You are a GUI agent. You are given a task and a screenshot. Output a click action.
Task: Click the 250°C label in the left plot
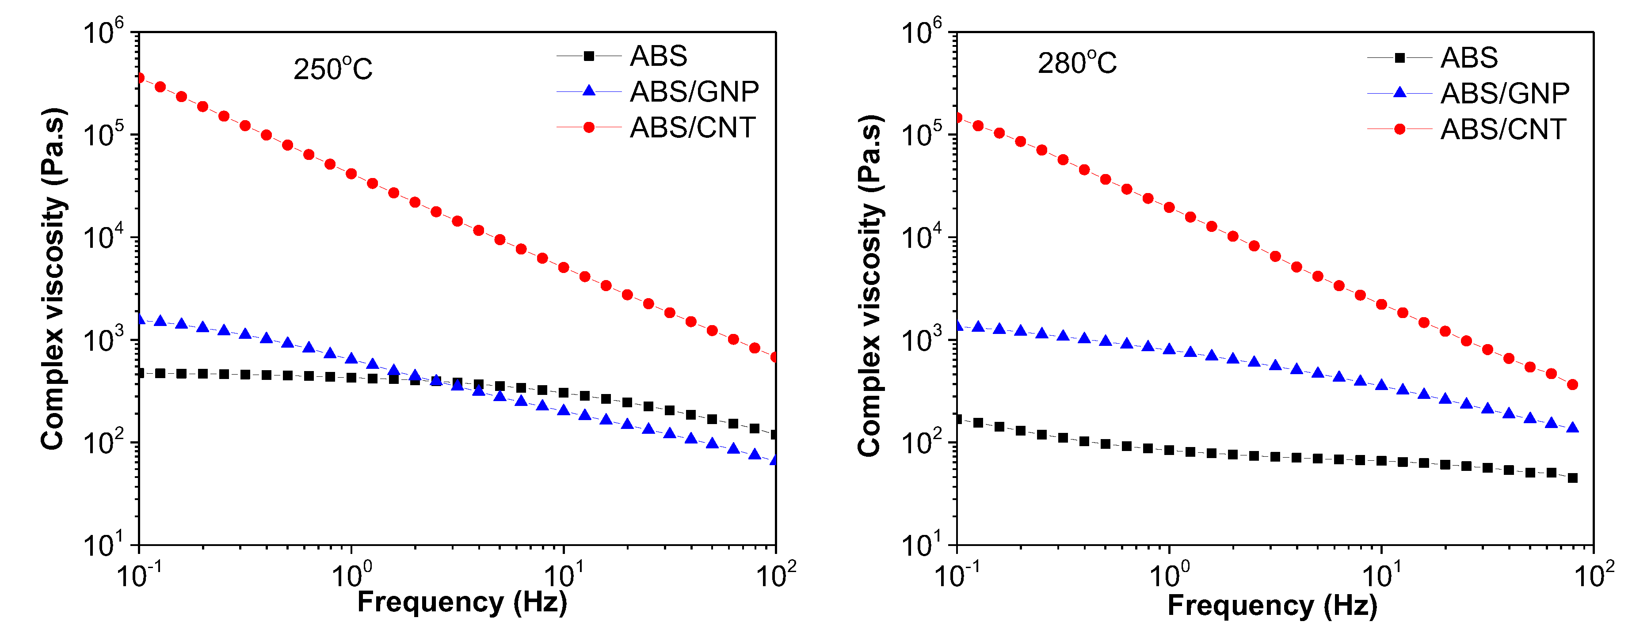[x=332, y=68]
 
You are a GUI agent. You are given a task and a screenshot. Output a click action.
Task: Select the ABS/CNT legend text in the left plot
[x=693, y=128]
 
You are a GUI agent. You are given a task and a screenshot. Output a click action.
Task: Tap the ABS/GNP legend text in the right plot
[x=1505, y=94]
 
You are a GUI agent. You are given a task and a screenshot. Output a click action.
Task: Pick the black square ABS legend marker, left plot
[x=588, y=57]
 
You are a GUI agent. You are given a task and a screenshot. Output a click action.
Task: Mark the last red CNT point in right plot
[x=1572, y=385]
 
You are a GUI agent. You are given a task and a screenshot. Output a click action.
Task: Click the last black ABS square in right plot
[x=1572, y=478]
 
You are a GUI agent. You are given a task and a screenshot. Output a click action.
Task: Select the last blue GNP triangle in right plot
[x=1572, y=428]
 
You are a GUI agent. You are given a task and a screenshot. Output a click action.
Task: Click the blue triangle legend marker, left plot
[x=588, y=91]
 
